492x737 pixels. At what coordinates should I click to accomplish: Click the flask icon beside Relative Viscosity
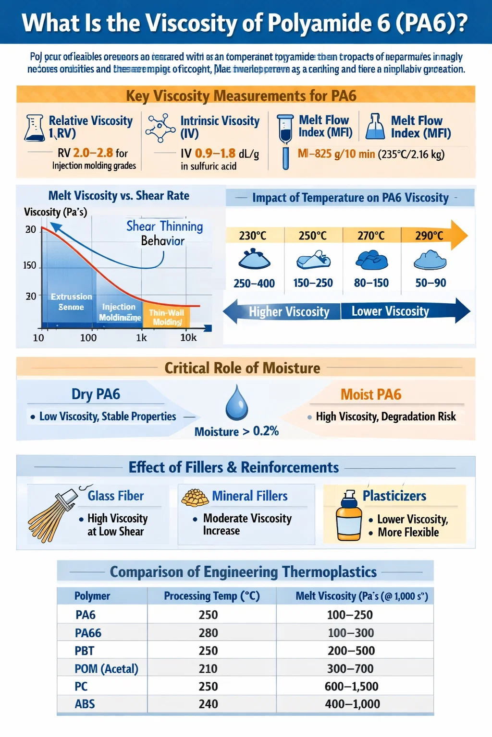point(35,128)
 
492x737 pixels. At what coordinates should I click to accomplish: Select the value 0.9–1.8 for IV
point(215,154)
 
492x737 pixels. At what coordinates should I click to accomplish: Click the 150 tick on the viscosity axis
point(30,265)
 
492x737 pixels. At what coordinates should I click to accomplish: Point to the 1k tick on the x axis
point(141,338)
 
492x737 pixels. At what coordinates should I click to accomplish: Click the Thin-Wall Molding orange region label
point(166,317)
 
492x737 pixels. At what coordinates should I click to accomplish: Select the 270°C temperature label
point(371,236)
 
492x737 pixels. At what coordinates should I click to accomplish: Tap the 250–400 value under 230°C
point(254,284)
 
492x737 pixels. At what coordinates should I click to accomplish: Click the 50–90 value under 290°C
point(430,283)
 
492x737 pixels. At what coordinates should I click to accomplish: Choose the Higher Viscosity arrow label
point(289,312)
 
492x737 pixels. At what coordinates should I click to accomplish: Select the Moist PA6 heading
point(371,394)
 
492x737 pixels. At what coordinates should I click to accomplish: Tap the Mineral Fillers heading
point(250,496)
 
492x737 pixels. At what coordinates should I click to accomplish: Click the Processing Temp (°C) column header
point(212,596)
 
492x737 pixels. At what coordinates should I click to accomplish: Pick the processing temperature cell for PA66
point(209,633)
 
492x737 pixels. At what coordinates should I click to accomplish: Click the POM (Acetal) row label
point(106,669)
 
